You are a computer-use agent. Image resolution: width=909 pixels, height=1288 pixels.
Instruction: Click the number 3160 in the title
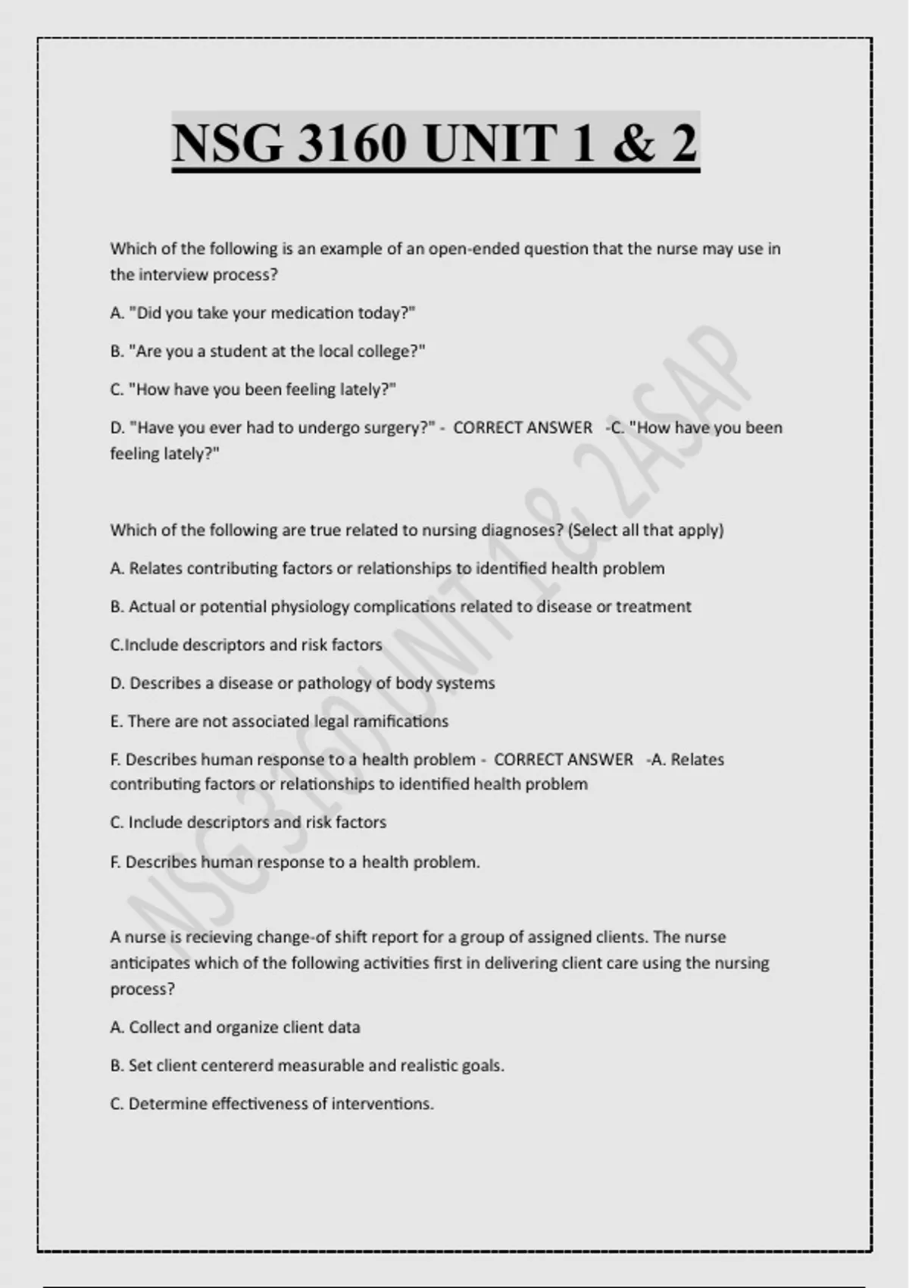(x=351, y=143)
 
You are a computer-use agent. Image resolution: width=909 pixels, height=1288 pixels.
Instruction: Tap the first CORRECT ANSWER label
(x=523, y=428)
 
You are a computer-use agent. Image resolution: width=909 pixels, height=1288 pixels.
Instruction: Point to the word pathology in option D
(x=335, y=683)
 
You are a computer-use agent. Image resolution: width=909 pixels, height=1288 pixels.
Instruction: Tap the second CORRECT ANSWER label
(x=563, y=759)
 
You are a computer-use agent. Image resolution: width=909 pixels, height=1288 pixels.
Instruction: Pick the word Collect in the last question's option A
(x=154, y=1027)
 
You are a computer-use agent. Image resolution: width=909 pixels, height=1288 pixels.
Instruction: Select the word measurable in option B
(x=321, y=1066)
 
